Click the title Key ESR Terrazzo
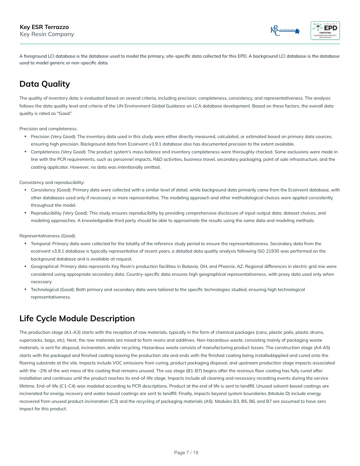point(44,27)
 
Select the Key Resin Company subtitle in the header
point(47,34)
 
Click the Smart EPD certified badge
point(325,31)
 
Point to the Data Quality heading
point(45,84)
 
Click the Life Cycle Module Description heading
point(77,318)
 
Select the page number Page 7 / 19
point(186,453)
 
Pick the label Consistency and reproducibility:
point(52,182)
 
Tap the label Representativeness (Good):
point(47,236)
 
